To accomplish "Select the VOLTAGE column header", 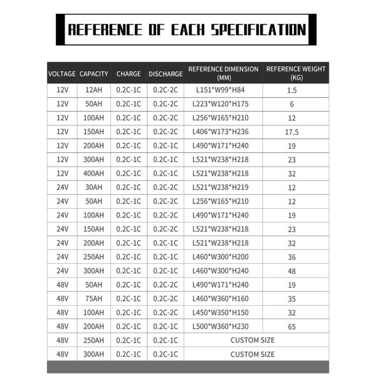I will [62, 74].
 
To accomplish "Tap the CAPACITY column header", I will [94, 74].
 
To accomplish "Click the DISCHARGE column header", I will [165, 74].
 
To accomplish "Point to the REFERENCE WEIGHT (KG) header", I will [296, 73].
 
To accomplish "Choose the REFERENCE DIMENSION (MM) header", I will [223, 73].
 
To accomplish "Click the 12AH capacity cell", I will [94, 90].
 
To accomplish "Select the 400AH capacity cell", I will [94, 174].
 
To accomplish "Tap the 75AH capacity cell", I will [94, 299].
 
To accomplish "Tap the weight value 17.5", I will [291, 132].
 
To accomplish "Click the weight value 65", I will [291, 326].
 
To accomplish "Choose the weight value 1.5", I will [291, 90].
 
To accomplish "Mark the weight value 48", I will [291, 271].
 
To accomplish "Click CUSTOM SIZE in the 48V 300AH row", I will [253, 354].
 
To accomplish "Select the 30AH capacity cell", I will [94, 187].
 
